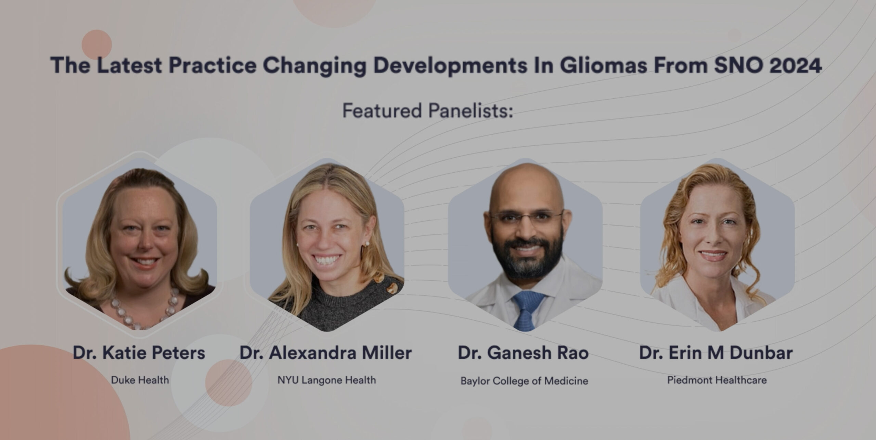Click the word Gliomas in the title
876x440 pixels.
coord(603,65)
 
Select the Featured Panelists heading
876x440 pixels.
coord(428,111)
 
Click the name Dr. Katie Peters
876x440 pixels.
coord(139,353)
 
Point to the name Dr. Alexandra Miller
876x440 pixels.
coord(326,353)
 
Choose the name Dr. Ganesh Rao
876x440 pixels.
coord(523,353)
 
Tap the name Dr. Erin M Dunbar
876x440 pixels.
coord(716,353)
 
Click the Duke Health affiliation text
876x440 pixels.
coord(140,380)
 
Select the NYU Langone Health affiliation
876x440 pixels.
coord(326,380)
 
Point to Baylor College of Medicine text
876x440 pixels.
coord(524,381)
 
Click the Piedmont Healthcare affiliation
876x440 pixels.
coord(717,380)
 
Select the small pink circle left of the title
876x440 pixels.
coord(96,45)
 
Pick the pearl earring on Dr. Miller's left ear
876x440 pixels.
coord(367,244)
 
